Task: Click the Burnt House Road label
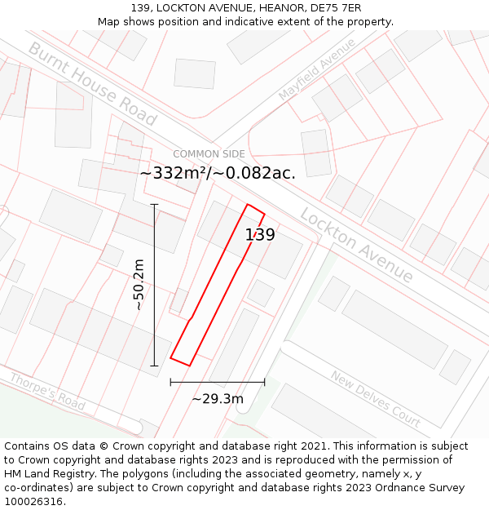[92, 83]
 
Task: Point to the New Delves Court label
[375, 399]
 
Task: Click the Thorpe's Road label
[47, 391]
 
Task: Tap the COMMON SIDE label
[209, 154]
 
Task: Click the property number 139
[260, 235]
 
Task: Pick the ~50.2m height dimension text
[139, 284]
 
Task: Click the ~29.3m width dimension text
[218, 399]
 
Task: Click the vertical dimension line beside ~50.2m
[154, 285]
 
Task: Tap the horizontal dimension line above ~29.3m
[218, 381]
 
